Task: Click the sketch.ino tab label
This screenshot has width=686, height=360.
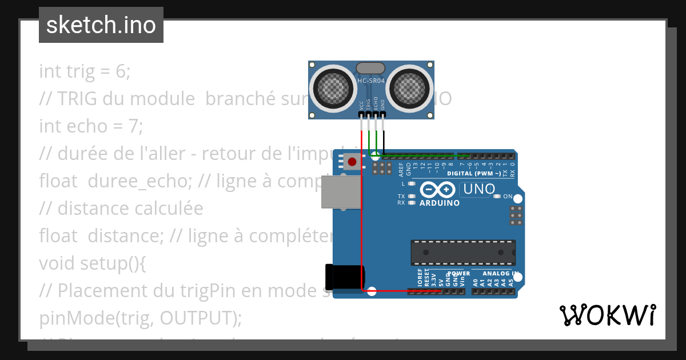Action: point(101,25)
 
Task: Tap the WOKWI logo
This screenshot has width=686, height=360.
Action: point(607,315)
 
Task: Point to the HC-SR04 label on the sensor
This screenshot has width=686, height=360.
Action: point(371,81)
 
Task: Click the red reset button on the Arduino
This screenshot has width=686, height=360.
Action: point(352,162)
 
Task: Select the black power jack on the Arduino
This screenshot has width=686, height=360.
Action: point(344,277)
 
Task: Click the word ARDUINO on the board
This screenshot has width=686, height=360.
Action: point(440,203)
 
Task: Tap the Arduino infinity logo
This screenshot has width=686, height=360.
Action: point(438,190)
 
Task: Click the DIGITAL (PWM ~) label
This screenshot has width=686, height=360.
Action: point(474,173)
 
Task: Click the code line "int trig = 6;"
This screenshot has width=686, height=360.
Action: point(85,71)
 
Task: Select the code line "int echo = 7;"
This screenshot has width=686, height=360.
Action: point(90,126)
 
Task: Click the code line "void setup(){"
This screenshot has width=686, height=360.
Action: point(93,263)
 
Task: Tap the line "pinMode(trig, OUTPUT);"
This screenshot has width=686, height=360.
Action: point(140,317)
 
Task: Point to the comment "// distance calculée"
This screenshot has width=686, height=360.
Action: point(121,209)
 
